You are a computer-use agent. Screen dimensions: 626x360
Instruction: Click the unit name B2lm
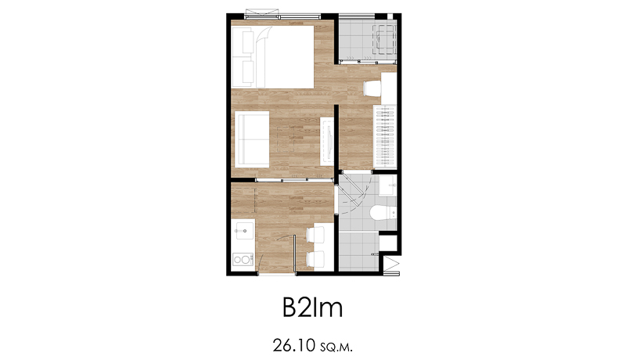[x=312, y=308]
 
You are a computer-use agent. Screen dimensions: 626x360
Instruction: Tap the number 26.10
[x=294, y=346]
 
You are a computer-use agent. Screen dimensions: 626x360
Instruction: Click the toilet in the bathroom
[x=383, y=213]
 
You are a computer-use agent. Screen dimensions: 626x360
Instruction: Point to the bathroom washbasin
[x=387, y=185]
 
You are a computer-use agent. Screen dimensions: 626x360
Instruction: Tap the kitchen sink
[x=244, y=231]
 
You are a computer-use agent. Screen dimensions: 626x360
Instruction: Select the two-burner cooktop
[x=243, y=260]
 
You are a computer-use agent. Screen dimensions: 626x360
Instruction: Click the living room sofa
[x=252, y=139]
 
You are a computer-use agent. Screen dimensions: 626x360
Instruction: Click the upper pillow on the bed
[x=243, y=42]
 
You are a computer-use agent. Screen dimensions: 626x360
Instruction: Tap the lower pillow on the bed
[x=243, y=72]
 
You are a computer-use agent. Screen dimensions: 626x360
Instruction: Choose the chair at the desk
[x=372, y=88]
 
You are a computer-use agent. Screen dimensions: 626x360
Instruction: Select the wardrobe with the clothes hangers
[x=385, y=136]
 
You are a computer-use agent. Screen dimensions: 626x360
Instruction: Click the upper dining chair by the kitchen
[x=315, y=235]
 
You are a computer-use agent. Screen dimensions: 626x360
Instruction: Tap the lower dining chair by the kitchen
[x=315, y=259]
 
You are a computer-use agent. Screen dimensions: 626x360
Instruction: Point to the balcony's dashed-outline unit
[x=384, y=39]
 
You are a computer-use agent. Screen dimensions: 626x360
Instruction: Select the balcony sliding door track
[x=367, y=62]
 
